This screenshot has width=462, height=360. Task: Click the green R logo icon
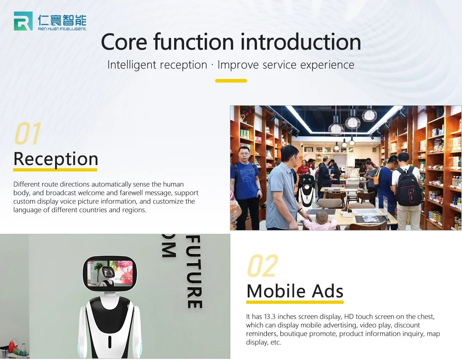(23, 21)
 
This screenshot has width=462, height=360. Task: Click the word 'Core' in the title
(124, 42)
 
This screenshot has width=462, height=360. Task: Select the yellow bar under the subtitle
(231, 81)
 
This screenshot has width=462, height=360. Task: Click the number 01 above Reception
(28, 133)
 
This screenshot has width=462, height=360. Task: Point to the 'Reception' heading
(56, 159)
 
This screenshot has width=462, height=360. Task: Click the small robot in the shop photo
(306, 191)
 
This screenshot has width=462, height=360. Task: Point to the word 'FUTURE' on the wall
(194, 272)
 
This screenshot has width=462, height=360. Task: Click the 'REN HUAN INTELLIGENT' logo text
(62, 29)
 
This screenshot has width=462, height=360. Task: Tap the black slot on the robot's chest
(110, 342)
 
